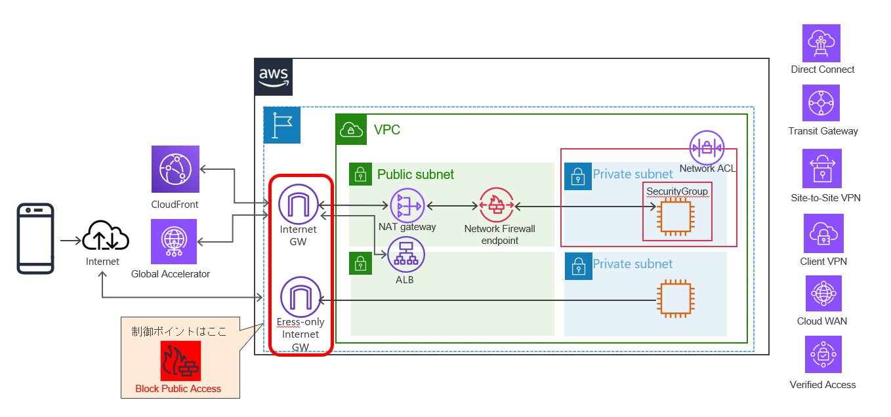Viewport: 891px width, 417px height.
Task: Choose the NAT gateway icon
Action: click(407, 206)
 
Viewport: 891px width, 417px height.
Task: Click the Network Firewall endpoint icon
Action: click(497, 206)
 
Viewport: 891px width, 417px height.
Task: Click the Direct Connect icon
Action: click(821, 43)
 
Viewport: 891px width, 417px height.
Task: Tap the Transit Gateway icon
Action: click(821, 104)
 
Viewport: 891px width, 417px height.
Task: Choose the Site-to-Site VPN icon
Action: click(821, 169)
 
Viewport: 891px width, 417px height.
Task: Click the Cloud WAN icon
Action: click(823, 293)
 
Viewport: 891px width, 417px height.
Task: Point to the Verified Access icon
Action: click(823, 355)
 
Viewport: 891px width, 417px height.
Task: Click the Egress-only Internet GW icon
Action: click(300, 297)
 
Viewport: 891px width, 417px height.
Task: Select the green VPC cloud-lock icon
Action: click(350, 129)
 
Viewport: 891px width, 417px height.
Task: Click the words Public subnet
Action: click(415, 174)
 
